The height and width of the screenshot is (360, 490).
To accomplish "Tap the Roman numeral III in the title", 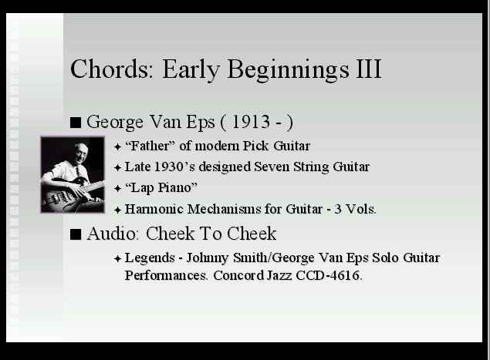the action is tap(369, 69).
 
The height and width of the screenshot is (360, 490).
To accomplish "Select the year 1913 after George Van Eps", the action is tap(251, 122).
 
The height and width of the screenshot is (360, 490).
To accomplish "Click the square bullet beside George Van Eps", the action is tap(76, 123).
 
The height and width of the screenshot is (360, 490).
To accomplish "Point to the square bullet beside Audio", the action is tap(76, 234).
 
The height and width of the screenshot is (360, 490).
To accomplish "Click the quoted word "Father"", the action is tap(150, 146).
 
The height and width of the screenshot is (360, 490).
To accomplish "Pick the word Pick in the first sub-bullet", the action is tap(255, 146).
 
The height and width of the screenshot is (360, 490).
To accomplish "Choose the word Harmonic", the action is tap(154, 209).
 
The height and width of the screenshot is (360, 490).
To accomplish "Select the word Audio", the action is tap(112, 234).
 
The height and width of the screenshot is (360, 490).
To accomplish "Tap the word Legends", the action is tap(150, 258).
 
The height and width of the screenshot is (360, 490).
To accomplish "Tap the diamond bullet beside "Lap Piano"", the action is tap(117, 189).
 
